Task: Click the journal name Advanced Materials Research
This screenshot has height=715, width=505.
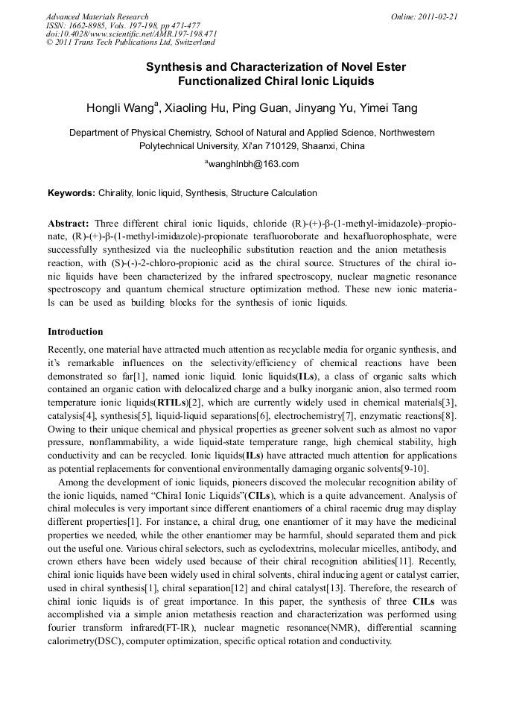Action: click(x=97, y=16)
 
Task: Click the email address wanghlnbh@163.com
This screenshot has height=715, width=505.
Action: click(x=252, y=164)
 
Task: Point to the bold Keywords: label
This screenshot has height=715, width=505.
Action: click(x=72, y=193)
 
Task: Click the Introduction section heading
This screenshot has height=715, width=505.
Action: click(x=75, y=331)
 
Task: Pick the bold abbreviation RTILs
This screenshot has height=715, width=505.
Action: click(x=171, y=403)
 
